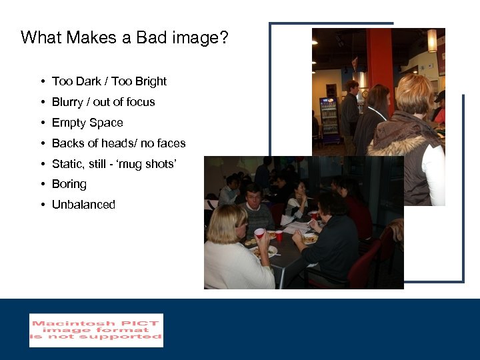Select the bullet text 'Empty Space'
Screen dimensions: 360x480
click(x=87, y=123)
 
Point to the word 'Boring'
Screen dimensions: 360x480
click(x=69, y=184)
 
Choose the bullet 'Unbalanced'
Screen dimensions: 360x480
click(x=83, y=205)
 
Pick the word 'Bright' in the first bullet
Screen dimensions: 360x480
click(x=150, y=81)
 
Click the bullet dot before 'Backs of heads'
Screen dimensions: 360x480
click(x=42, y=143)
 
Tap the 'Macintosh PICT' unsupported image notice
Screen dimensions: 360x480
click(x=96, y=330)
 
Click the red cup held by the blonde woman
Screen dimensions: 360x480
click(x=259, y=233)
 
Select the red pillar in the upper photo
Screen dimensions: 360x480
click(x=380, y=60)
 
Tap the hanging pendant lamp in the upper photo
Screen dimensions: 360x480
click(x=432, y=40)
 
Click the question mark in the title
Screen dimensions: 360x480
click(x=223, y=37)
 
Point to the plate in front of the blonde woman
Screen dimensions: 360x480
click(x=266, y=252)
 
